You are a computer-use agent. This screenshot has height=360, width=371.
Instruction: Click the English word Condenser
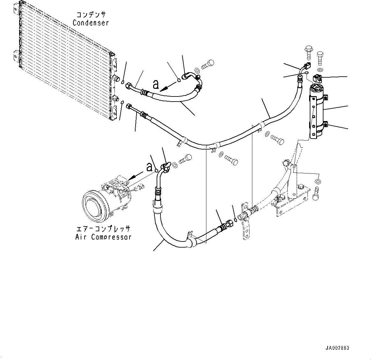[x=91, y=23]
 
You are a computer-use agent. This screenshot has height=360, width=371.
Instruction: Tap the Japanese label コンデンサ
[x=91, y=15]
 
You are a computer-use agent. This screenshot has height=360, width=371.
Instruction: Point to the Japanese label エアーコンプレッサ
[x=103, y=229]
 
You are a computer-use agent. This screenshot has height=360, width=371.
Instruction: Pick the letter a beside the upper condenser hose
[x=156, y=84]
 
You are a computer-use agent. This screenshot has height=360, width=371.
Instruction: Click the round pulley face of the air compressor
[x=93, y=204]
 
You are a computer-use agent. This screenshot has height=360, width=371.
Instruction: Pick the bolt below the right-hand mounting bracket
[x=316, y=194]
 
